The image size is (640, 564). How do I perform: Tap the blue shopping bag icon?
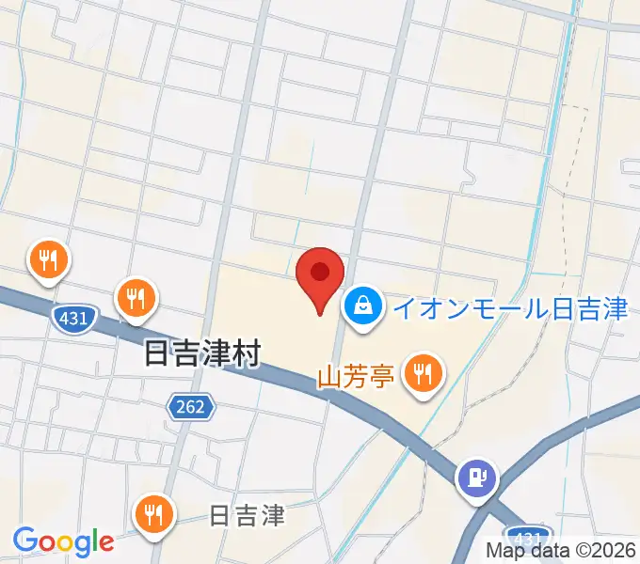[x=361, y=306]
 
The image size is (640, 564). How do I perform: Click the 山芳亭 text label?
[x=354, y=378]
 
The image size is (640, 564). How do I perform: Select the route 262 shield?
[x=192, y=407]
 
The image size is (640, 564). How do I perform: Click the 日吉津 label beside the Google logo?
[x=247, y=516]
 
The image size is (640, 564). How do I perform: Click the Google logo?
[x=63, y=541]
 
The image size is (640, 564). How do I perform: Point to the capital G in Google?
[x=24, y=540]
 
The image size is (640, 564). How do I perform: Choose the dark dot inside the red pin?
[x=320, y=271]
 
